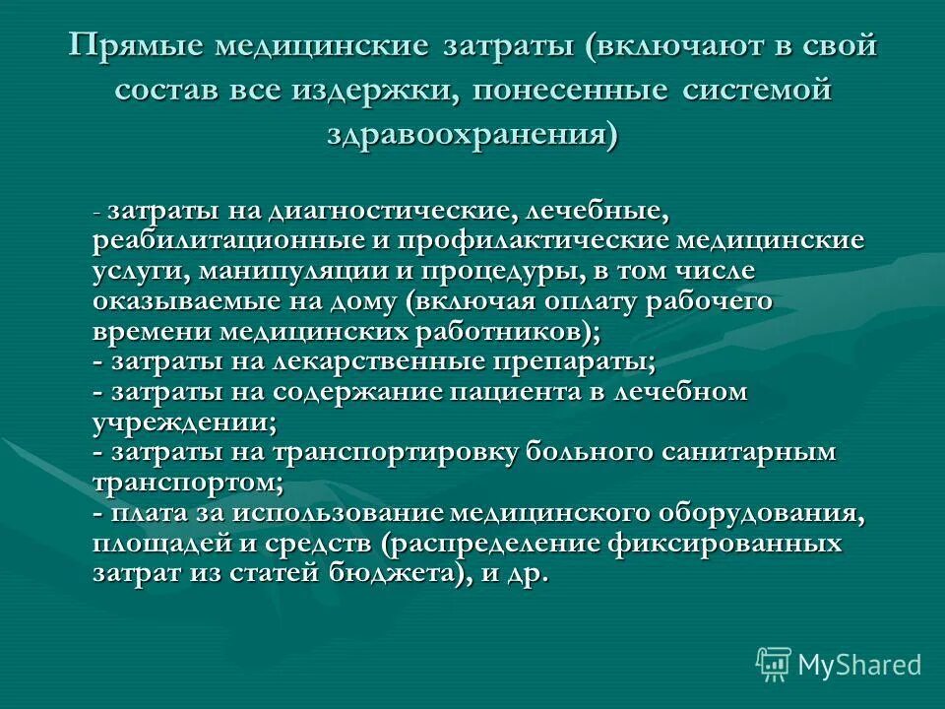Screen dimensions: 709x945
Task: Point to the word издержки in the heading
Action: pos(377,91)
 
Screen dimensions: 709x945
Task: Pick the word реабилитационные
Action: pos(210,242)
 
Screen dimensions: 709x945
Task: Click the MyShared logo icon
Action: pos(774,665)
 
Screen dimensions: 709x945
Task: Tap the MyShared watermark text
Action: pos(859,666)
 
